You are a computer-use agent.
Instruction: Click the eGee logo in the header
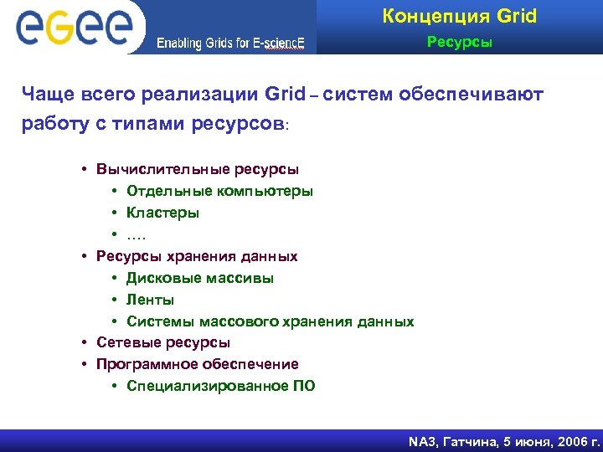[x=74, y=28]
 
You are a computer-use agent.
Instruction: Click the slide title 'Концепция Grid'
[x=459, y=16]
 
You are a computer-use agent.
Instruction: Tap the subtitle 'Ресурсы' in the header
[x=460, y=41]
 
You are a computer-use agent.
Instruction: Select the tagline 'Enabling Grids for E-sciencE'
[x=230, y=44]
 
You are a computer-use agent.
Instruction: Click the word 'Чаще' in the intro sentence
[x=49, y=95]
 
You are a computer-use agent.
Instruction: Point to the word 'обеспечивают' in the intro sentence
[x=476, y=95]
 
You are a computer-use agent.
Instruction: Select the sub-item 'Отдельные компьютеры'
[x=220, y=191]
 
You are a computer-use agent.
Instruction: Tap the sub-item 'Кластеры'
[x=163, y=213]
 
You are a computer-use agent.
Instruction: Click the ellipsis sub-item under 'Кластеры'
[x=137, y=234]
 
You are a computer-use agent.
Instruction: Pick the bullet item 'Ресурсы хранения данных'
[x=197, y=256]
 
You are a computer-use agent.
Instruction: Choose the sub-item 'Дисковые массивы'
[x=200, y=278]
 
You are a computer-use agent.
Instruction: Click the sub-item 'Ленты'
[x=151, y=300]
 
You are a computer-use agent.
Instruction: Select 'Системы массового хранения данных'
[x=270, y=321]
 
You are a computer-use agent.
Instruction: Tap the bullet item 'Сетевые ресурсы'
[x=163, y=342]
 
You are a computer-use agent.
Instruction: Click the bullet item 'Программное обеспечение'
[x=197, y=364]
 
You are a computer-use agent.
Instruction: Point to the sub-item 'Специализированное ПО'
[x=221, y=386]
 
